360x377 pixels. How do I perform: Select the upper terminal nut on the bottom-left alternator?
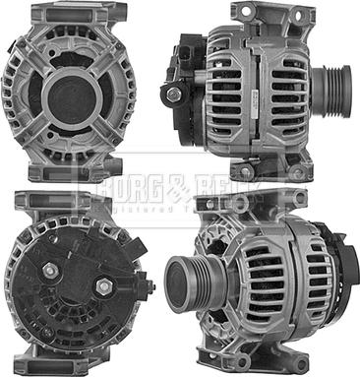[x=48, y=269]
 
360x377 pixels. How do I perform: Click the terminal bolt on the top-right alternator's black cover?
[x=174, y=94]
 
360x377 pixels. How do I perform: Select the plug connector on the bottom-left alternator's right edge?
[x=148, y=287]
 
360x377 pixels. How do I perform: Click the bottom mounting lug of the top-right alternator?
[x=266, y=167]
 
